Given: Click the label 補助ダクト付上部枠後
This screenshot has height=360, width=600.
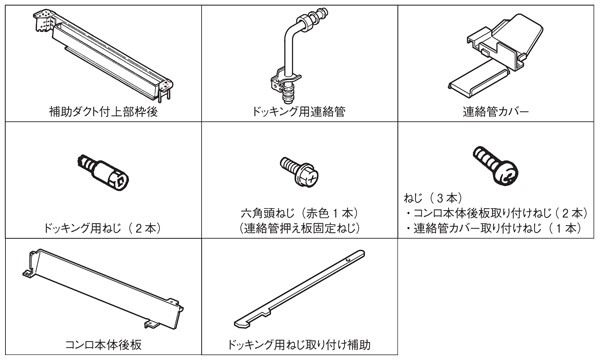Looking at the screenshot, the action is [103, 112].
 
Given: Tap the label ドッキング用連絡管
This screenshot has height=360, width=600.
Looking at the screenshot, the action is [299, 112].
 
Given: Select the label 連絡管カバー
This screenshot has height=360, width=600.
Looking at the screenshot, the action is [496, 112].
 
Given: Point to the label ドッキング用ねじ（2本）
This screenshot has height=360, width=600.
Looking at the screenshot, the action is [102, 228].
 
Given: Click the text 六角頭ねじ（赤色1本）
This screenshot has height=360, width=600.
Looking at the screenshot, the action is [300, 213].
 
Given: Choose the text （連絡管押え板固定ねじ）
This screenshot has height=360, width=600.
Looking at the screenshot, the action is [300, 228].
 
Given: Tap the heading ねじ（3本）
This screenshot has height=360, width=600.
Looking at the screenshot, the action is [433, 198].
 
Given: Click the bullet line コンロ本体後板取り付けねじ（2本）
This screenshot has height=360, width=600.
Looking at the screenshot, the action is [497, 213].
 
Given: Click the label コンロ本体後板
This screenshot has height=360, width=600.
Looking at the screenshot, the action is [103, 345].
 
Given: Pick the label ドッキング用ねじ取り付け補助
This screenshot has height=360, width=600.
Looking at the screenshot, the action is [299, 345].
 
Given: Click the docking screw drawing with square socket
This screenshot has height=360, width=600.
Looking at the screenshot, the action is [103, 172].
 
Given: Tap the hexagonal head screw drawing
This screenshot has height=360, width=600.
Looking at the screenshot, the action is [299, 171].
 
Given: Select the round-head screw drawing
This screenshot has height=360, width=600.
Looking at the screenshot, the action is [495, 166].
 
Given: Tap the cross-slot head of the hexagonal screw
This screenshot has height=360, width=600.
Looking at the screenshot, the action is [311, 178].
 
